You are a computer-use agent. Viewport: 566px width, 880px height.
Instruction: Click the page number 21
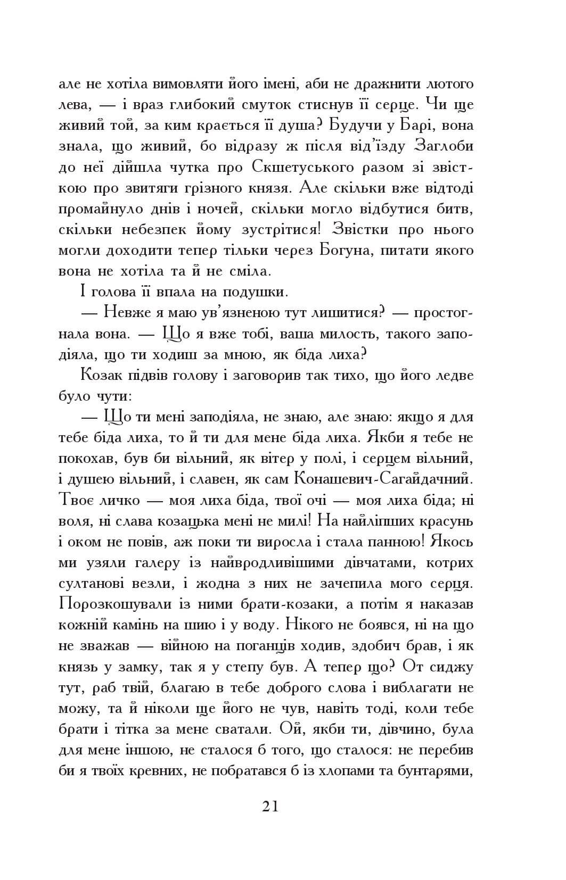[270, 806]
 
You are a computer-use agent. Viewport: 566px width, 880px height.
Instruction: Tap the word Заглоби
[444, 147]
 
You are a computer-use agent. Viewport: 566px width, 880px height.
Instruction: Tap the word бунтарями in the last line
[436, 771]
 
